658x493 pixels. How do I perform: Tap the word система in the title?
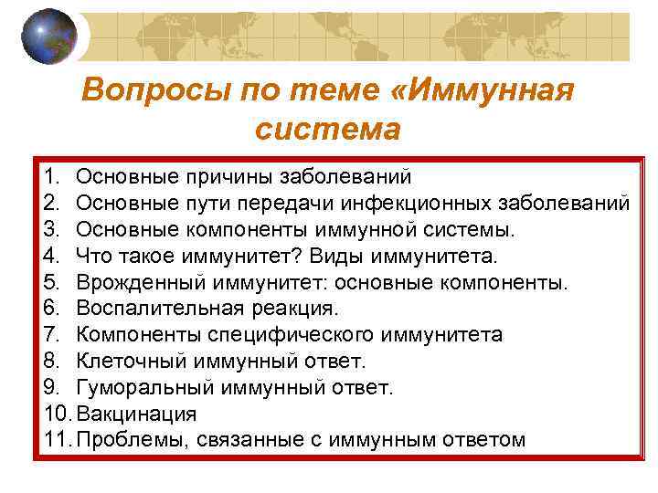click(x=328, y=129)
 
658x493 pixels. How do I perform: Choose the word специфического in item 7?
click(x=287, y=334)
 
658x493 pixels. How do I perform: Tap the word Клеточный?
click(x=125, y=361)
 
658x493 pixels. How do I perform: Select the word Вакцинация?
click(x=137, y=414)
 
